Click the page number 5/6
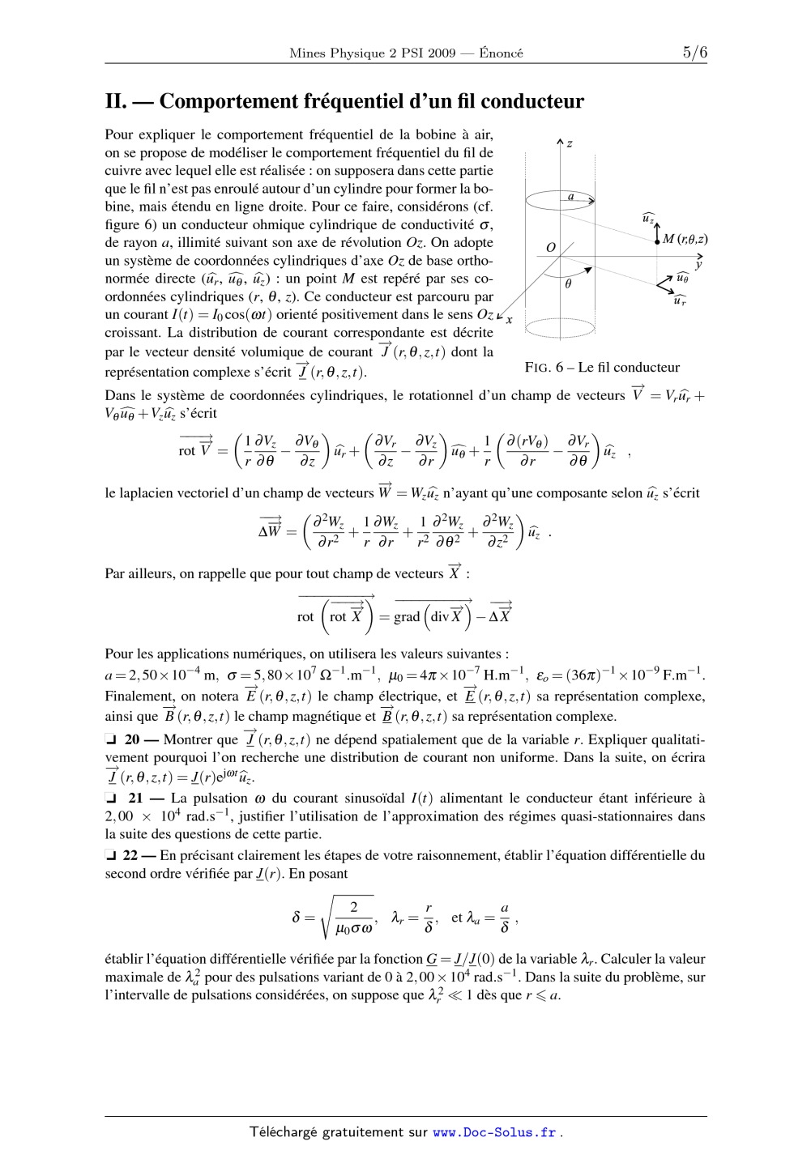(694, 53)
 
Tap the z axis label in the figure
(570, 143)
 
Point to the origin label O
(550, 247)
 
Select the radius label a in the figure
(570, 196)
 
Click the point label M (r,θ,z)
(685, 239)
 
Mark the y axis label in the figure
(698, 264)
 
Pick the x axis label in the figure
(509, 320)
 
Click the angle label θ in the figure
(568, 284)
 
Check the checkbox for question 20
(111, 739)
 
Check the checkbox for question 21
(111, 799)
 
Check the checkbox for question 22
(111, 855)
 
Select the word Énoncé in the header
(501, 53)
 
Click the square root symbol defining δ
(328, 917)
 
